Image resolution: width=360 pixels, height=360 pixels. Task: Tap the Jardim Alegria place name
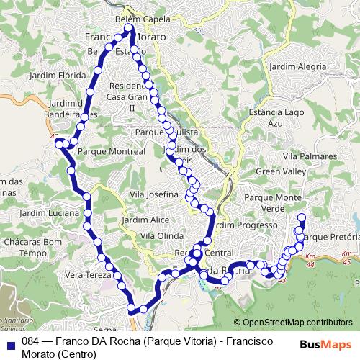click(x=297, y=66)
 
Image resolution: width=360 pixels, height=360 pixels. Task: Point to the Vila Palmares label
click(x=310, y=156)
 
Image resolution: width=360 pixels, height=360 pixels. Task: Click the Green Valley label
click(x=279, y=173)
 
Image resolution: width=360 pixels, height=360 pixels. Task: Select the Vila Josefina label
click(x=154, y=195)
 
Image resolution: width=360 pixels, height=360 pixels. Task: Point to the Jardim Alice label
click(x=145, y=220)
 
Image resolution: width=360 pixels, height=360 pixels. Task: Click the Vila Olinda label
click(x=162, y=235)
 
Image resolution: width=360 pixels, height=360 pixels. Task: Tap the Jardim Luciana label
click(x=50, y=215)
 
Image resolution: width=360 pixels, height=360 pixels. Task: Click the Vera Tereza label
click(x=89, y=275)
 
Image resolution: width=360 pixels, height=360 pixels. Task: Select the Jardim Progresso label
click(x=241, y=225)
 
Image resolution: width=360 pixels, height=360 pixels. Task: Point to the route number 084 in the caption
click(x=30, y=341)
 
